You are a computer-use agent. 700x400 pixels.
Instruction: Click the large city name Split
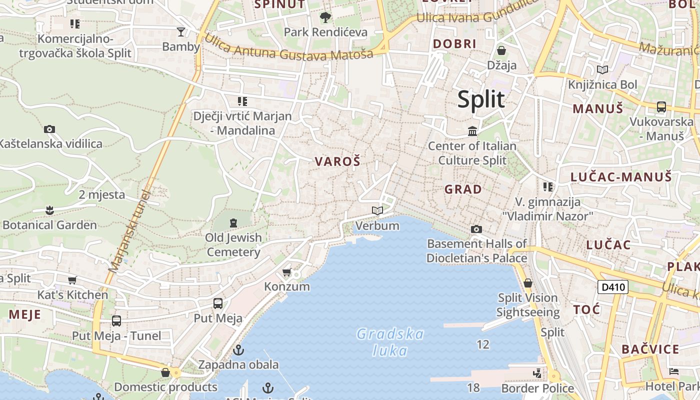point(481,99)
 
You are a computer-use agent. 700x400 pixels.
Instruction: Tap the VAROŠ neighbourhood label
point(337,161)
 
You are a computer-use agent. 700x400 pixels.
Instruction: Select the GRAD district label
point(463,189)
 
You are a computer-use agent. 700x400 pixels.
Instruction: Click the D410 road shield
point(613,287)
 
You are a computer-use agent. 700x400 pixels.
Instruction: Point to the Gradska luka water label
point(390,342)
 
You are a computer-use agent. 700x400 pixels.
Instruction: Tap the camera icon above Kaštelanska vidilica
point(49,129)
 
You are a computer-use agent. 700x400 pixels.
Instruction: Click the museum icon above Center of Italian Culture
point(472,131)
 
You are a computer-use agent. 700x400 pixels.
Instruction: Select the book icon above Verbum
point(377,211)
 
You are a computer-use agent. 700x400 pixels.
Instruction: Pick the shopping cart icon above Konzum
point(286,272)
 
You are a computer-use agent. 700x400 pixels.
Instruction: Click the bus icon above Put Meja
point(218,303)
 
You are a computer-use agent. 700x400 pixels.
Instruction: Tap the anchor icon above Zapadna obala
point(238,350)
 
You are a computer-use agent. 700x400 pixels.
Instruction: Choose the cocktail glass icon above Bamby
point(181,32)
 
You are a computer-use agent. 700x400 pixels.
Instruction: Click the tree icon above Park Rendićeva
point(325,18)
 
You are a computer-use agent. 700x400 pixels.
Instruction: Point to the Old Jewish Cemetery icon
point(233,222)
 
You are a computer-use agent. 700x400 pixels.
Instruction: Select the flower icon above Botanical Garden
point(49,210)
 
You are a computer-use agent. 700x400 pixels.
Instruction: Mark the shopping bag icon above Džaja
point(501,50)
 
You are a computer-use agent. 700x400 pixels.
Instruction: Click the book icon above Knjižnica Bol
point(602,70)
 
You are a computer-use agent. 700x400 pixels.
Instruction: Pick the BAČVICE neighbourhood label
point(650,349)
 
